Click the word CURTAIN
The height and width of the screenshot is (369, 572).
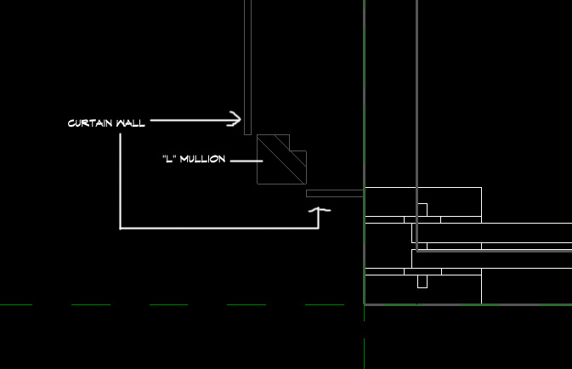[90, 123]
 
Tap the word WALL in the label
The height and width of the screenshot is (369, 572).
[131, 123]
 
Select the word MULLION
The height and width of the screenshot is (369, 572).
[202, 159]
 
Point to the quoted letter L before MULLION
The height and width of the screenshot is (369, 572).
[169, 159]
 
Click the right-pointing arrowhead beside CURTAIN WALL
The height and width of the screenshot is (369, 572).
[235, 119]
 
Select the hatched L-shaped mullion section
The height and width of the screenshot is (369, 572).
[281, 160]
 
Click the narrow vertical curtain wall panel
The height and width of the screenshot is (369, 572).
[247, 67]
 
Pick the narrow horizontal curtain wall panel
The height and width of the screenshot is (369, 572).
[335, 194]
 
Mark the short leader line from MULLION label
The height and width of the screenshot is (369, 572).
[246, 161]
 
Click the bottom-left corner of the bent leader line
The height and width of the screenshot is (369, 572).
[121, 229]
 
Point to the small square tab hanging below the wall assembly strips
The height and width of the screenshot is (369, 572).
[422, 281]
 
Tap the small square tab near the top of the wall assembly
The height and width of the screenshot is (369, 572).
[422, 210]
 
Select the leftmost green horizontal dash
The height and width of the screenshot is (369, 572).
[16, 304]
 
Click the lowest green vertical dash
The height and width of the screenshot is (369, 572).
[364, 354]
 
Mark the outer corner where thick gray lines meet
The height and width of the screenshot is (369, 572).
[365, 304]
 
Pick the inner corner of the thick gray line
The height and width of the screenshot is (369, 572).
[417, 251]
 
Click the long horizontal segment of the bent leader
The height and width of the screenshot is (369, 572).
[219, 229]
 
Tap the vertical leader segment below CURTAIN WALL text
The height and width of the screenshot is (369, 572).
[121, 181]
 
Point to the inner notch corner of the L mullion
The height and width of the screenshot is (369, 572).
[290, 150]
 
